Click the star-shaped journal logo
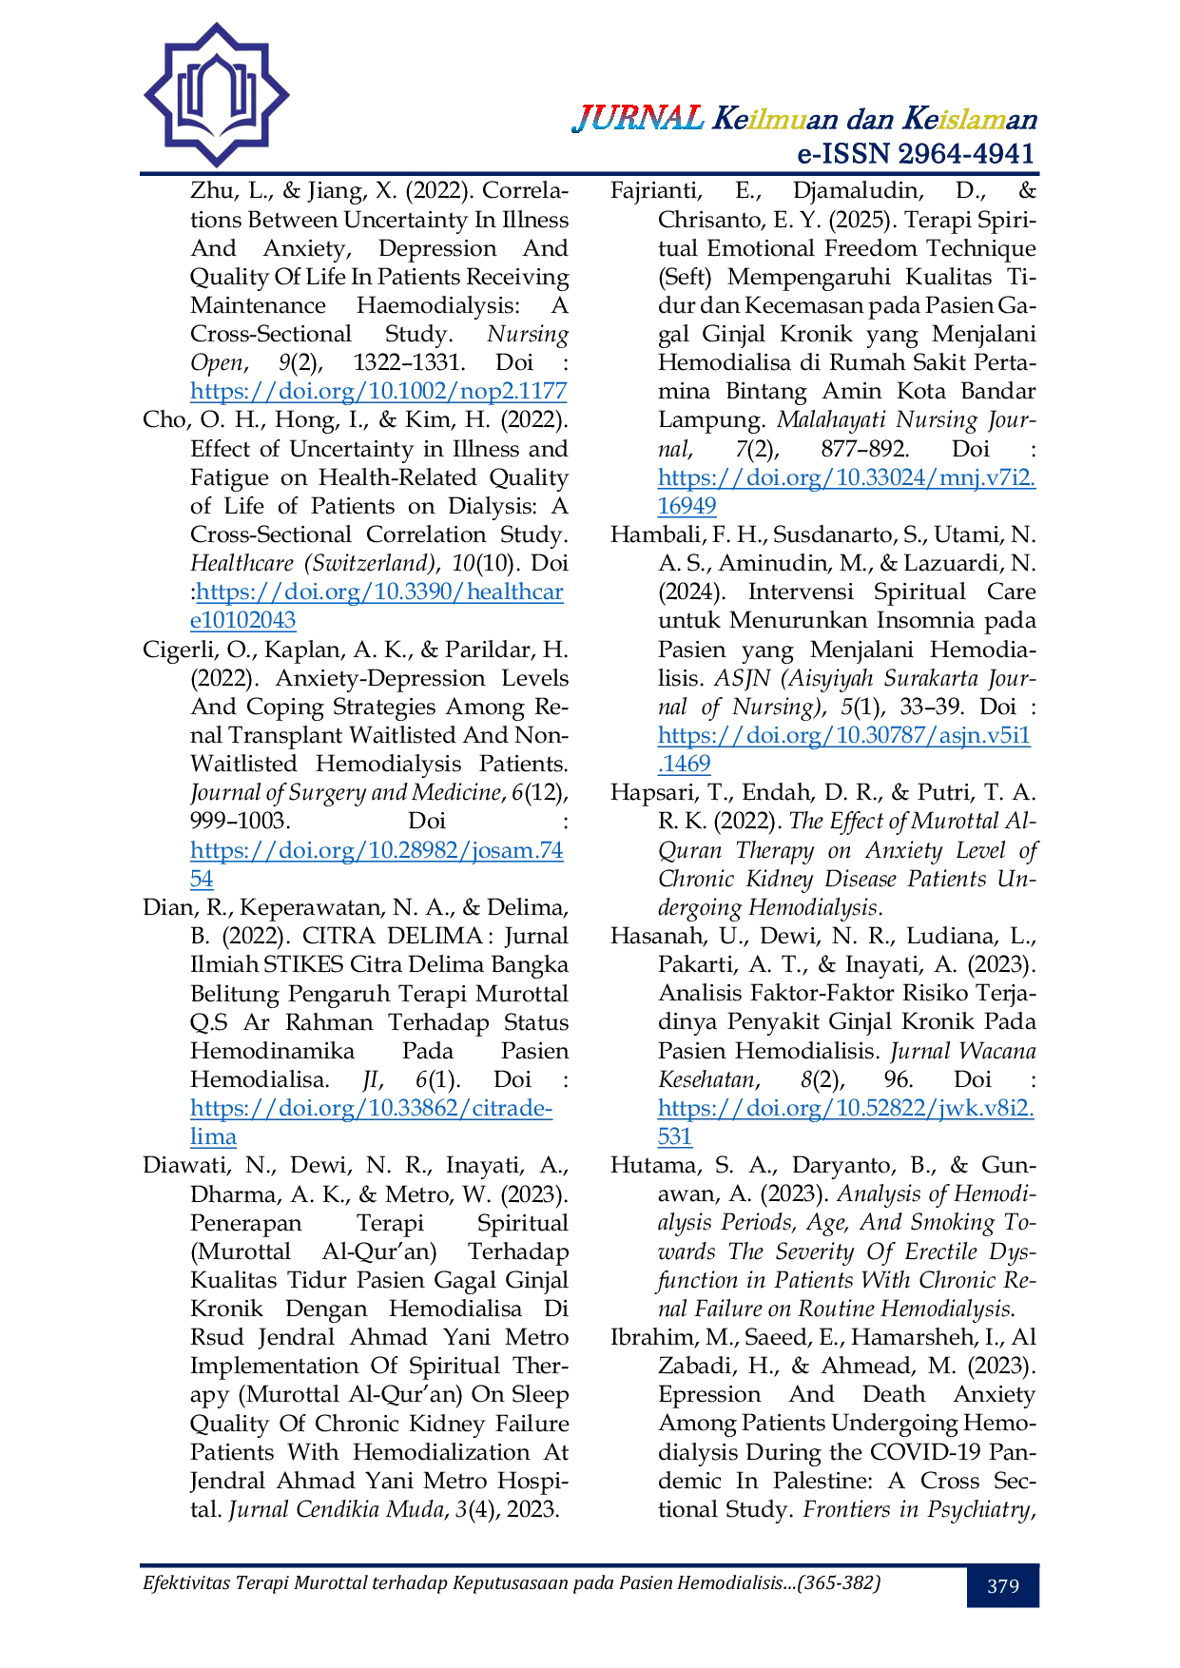[x=217, y=95]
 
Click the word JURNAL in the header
[x=638, y=119]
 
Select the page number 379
[x=1003, y=1585]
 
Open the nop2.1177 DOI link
[x=378, y=391]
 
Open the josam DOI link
[x=377, y=863]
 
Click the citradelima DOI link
[x=371, y=1122]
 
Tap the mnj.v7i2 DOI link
[x=846, y=492]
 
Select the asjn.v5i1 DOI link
[x=844, y=749]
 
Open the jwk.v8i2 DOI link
[x=846, y=1122]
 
